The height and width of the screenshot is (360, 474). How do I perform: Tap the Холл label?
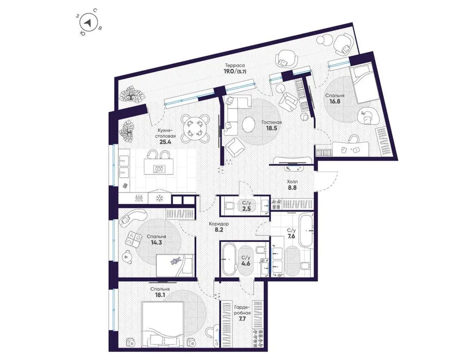[x=292, y=182]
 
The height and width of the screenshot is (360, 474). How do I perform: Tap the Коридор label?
[x=218, y=224]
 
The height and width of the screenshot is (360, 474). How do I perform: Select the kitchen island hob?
[x=158, y=168]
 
